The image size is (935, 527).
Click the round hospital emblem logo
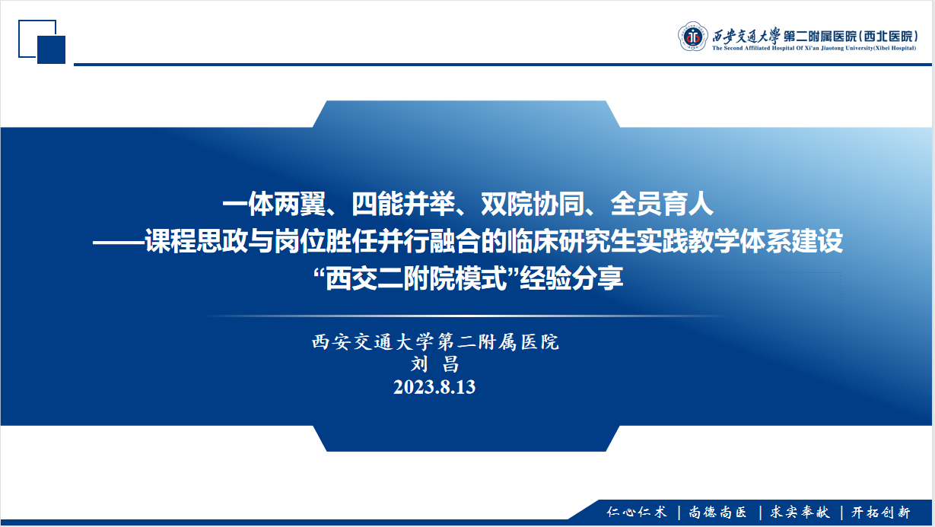(x=692, y=37)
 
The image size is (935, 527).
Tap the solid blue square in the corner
(x=51, y=50)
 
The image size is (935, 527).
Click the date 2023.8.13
(x=434, y=387)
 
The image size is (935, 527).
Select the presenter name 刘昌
(x=434, y=364)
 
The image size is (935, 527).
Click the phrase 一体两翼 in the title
(x=274, y=204)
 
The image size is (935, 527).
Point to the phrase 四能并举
(x=403, y=204)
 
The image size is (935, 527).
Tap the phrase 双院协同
(x=533, y=204)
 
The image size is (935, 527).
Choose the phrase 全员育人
(x=662, y=204)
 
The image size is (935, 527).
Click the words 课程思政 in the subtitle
(x=196, y=241)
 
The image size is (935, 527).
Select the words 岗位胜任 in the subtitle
(x=326, y=241)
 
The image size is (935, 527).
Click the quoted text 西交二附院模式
(x=416, y=279)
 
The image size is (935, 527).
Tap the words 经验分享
(x=571, y=279)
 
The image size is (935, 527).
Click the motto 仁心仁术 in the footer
(x=637, y=512)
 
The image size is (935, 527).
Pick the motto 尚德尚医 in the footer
(x=718, y=512)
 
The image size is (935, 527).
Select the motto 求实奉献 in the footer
(x=800, y=512)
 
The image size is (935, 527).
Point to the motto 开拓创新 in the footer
(x=881, y=512)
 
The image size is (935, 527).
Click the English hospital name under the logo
(x=814, y=48)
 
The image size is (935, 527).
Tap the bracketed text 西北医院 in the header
(x=889, y=37)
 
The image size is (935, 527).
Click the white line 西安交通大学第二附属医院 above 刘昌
(x=435, y=341)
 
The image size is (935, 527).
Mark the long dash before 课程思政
(x=119, y=241)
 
